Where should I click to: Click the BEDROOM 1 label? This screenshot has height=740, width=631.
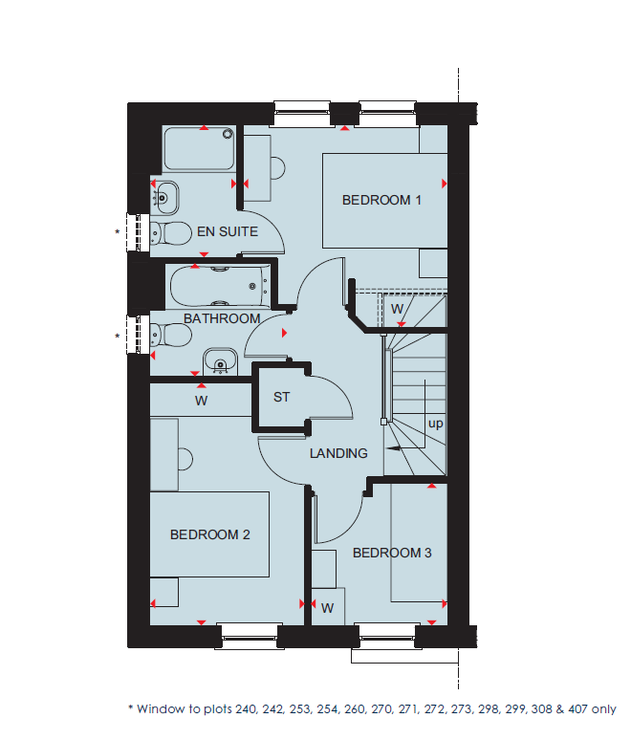click(381, 200)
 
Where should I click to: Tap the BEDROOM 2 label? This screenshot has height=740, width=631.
click(210, 534)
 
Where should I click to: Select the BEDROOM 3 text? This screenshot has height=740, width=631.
click(392, 553)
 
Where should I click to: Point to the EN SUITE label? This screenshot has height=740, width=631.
click(228, 231)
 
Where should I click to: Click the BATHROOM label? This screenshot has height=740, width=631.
click(222, 318)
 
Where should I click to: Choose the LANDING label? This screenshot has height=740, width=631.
click(338, 453)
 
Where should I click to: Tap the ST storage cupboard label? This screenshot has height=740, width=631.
click(281, 398)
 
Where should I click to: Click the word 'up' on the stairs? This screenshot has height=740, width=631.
click(435, 424)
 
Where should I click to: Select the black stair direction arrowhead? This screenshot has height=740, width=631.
click(393, 447)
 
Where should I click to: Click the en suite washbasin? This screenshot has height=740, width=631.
click(163, 198)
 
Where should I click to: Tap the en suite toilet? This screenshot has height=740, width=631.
click(170, 233)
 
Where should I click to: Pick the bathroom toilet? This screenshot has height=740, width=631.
click(170, 335)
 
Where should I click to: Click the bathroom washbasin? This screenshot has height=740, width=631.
click(220, 362)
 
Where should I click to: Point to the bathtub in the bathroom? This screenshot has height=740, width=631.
click(220, 287)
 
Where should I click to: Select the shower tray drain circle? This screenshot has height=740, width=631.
click(228, 134)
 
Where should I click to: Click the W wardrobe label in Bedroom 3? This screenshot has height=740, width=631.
click(328, 608)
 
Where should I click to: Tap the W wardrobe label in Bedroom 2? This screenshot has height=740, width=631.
click(201, 401)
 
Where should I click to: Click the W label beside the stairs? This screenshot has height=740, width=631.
click(398, 309)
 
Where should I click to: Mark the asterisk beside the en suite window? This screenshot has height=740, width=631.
click(118, 232)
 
